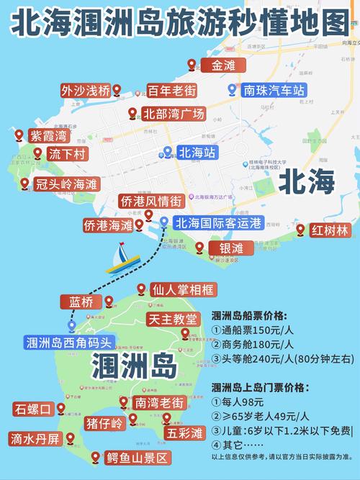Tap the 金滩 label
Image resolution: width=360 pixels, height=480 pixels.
223,65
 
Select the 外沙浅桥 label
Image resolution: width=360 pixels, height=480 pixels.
85,91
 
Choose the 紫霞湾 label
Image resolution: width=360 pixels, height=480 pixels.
48,135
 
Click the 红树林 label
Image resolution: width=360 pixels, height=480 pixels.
329,231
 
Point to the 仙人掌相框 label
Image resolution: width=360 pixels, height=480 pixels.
183,291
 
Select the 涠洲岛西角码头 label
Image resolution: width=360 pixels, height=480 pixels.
69,342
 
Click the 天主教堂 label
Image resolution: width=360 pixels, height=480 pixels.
171,318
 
